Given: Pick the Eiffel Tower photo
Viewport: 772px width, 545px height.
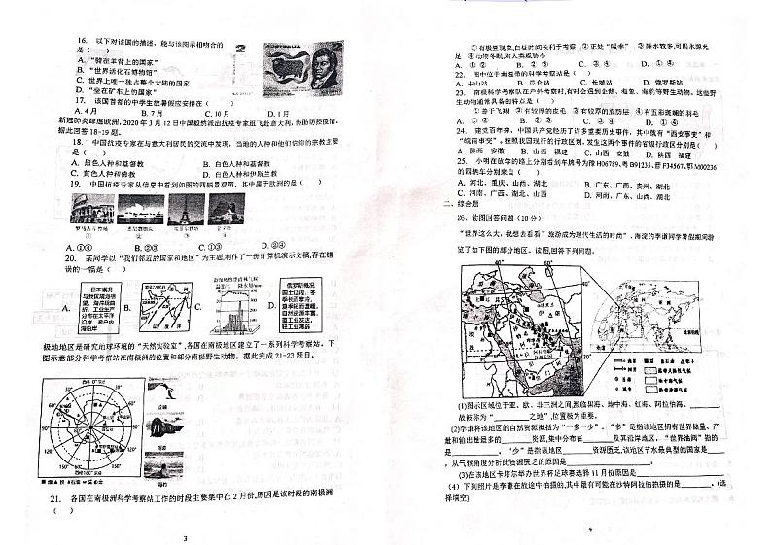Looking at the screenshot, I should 180,210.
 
